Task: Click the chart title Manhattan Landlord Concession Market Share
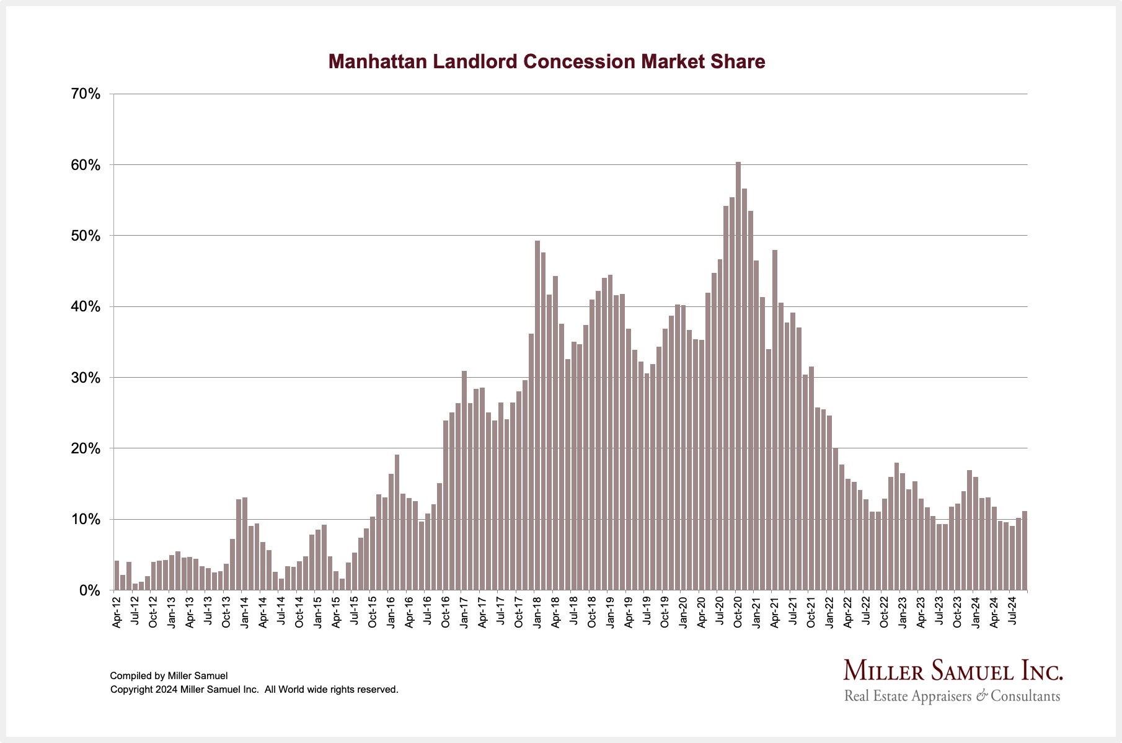tap(546, 61)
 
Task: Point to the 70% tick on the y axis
tap(86, 94)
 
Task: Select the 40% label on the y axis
tap(86, 307)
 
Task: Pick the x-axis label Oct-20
tap(738, 613)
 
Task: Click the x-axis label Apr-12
tap(117, 613)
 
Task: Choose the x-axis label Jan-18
tap(537, 613)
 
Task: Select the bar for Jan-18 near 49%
tap(537, 416)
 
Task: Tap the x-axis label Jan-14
tap(245, 613)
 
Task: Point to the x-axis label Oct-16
tap(446, 613)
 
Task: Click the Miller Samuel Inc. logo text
tap(953, 670)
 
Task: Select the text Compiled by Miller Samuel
tap(169, 676)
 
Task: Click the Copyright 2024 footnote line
tap(254, 690)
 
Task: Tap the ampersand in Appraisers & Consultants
tap(981, 696)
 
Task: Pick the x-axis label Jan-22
tap(829, 613)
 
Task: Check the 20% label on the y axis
tap(86, 448)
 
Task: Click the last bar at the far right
tap(1025, 551)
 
